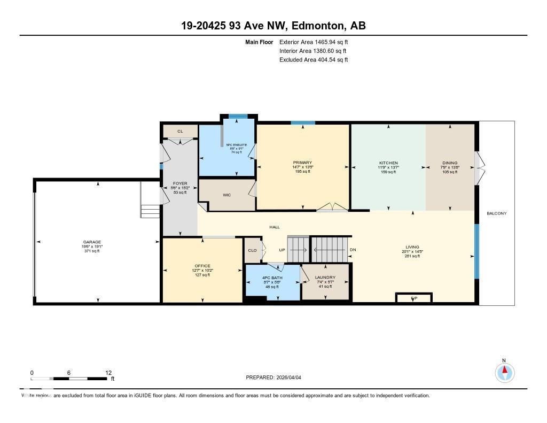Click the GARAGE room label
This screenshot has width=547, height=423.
(91, 242)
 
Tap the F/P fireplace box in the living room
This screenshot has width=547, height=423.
(414, 298)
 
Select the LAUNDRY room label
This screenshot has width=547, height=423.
(325, 278)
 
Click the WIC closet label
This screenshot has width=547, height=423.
(226, 195)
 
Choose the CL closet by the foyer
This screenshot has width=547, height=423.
(180, 131)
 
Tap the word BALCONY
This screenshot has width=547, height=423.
(496, 213)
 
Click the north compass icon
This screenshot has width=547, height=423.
(504, 372)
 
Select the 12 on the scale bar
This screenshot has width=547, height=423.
(108, 373)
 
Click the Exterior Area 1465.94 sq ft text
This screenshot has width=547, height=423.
(314, 42)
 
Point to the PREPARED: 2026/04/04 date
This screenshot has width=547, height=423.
(273, 377)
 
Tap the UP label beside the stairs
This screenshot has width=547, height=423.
(282, 250)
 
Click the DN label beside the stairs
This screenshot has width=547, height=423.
(353, 250)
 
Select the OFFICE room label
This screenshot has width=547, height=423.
(202, 266)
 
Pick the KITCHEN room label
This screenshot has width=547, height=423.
(388, 163)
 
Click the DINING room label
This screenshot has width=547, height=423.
(450, 163)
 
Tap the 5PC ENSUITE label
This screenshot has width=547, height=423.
(236, 144)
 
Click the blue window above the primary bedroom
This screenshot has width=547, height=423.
(303, 123)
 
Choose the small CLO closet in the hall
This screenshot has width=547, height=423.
(253, 250)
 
